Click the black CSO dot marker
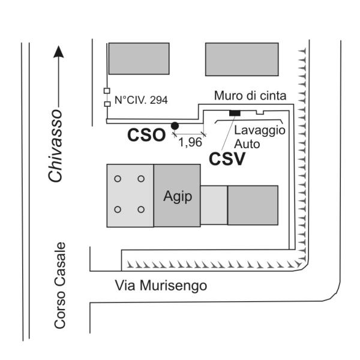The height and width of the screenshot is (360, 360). [175, 126]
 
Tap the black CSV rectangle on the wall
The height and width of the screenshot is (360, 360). [235, 113]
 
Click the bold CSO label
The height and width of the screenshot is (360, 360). [146, 135]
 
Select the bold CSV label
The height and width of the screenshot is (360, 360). [227, 159]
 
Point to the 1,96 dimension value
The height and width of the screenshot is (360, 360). [190, 142]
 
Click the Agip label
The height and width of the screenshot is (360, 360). [178, 197]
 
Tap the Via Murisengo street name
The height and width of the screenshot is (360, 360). [161, 286]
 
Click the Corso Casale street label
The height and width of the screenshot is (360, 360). [60, 286]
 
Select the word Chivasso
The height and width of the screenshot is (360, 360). [55, 146]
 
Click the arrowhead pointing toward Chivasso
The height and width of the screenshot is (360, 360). [59, 52]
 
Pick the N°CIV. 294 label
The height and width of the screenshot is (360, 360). [141, 100]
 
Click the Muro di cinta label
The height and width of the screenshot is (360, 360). [250, 95]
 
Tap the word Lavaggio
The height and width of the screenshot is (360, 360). [260, 131]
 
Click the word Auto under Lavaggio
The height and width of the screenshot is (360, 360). [247, 144]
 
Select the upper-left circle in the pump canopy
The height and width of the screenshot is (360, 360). [118, 179]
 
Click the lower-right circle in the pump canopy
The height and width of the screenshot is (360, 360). [141, 209]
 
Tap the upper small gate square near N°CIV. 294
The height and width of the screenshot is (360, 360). [107, 91]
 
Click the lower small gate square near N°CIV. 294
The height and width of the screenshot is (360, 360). [107, 104]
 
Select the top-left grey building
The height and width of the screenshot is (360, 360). [139, 59]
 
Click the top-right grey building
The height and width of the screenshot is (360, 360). [242, 59]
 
